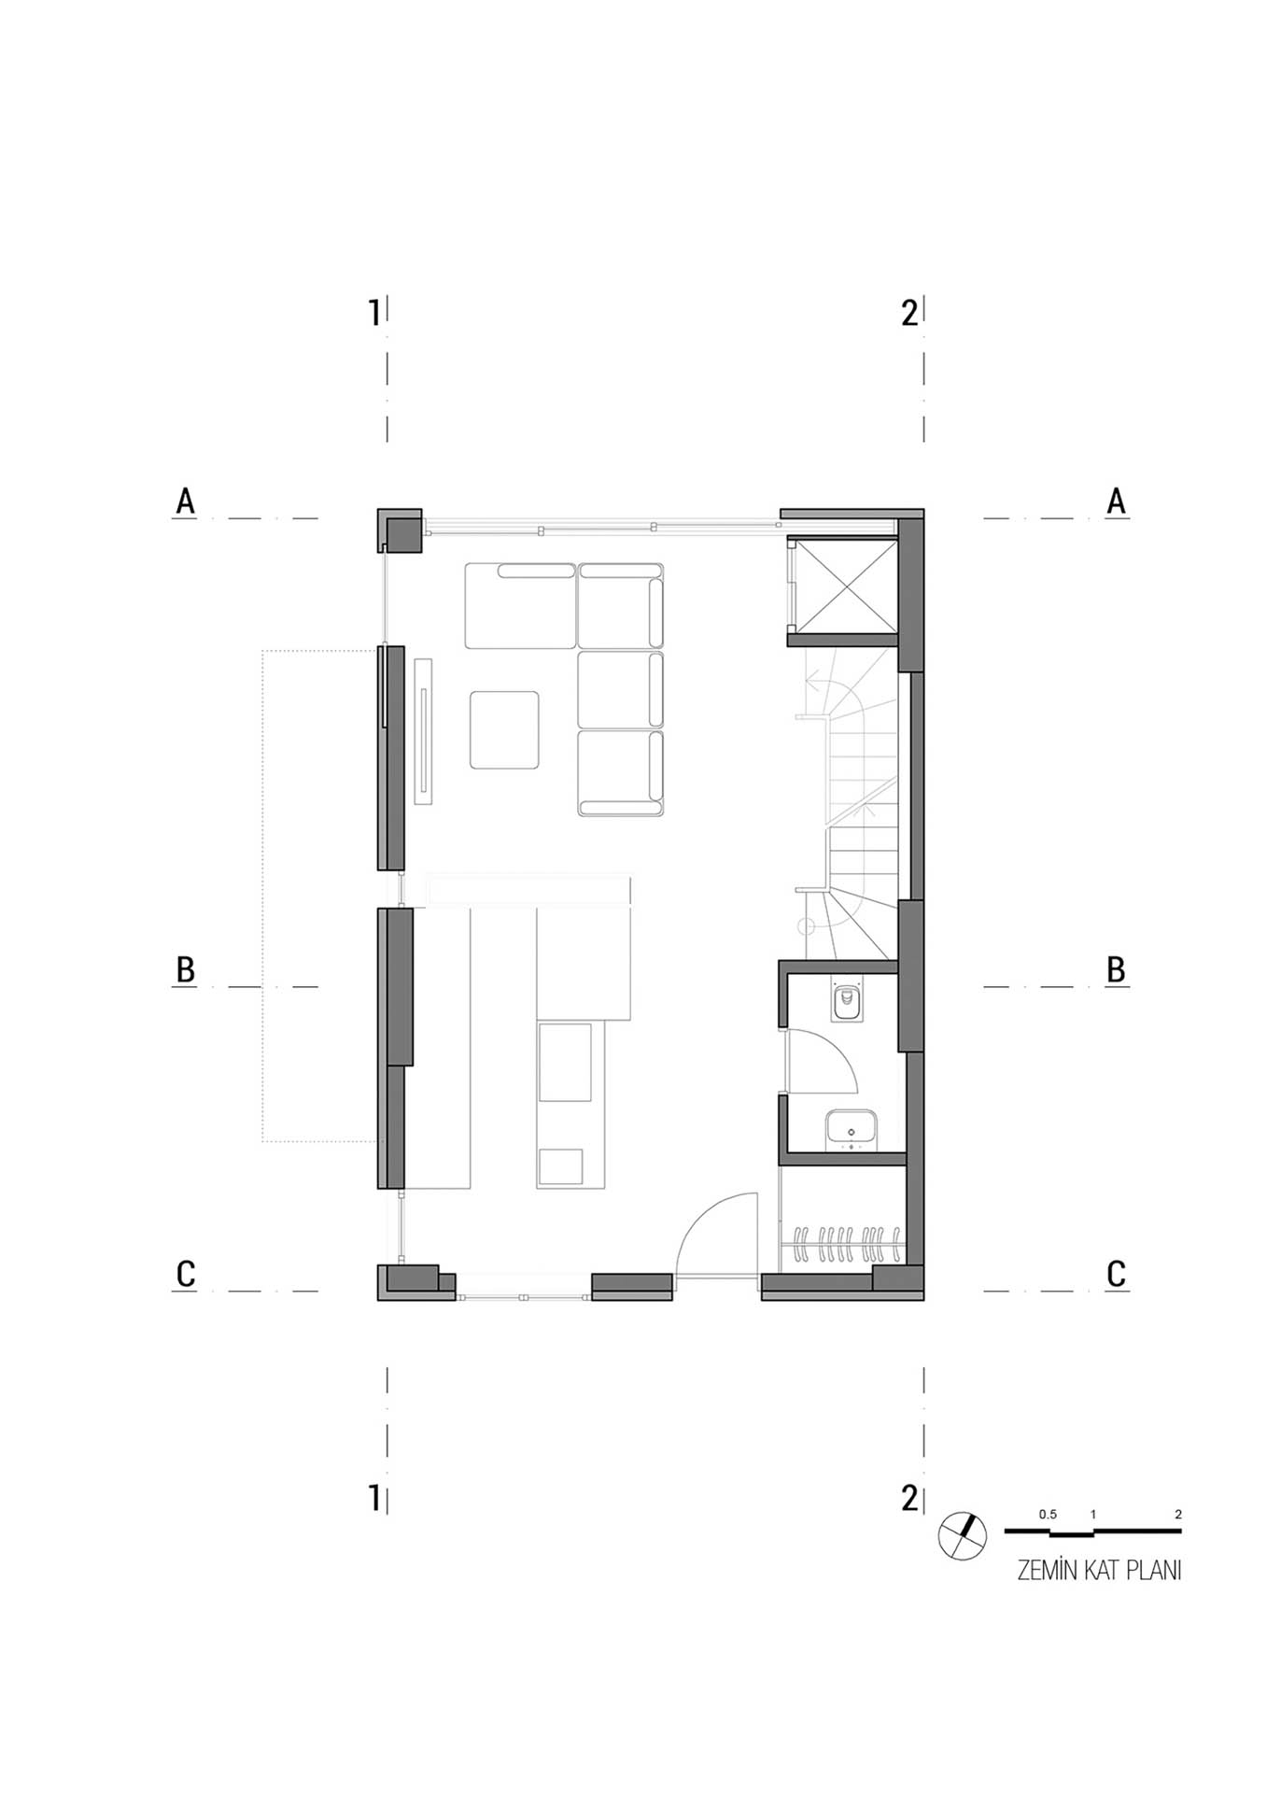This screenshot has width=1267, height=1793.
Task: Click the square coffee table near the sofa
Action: (x=505, y=730)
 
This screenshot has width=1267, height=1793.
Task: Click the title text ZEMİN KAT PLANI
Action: (x=1099, y=1571)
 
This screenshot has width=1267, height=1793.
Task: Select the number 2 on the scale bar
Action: (x=1178, y=1515)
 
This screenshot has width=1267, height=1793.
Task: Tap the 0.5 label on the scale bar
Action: (x=1048, y=1515)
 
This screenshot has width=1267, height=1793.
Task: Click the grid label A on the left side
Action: (x=186, y=501)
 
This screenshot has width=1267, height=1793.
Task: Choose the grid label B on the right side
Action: (x=1116, y=970)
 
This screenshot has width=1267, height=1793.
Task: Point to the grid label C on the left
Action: (x=186, y=1274)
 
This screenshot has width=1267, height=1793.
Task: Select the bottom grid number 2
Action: (x=909, y=1498)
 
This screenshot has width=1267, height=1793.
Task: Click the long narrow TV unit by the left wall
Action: (x=424, y=731)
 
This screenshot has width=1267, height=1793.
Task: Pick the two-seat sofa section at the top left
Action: (x=521, y=605)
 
